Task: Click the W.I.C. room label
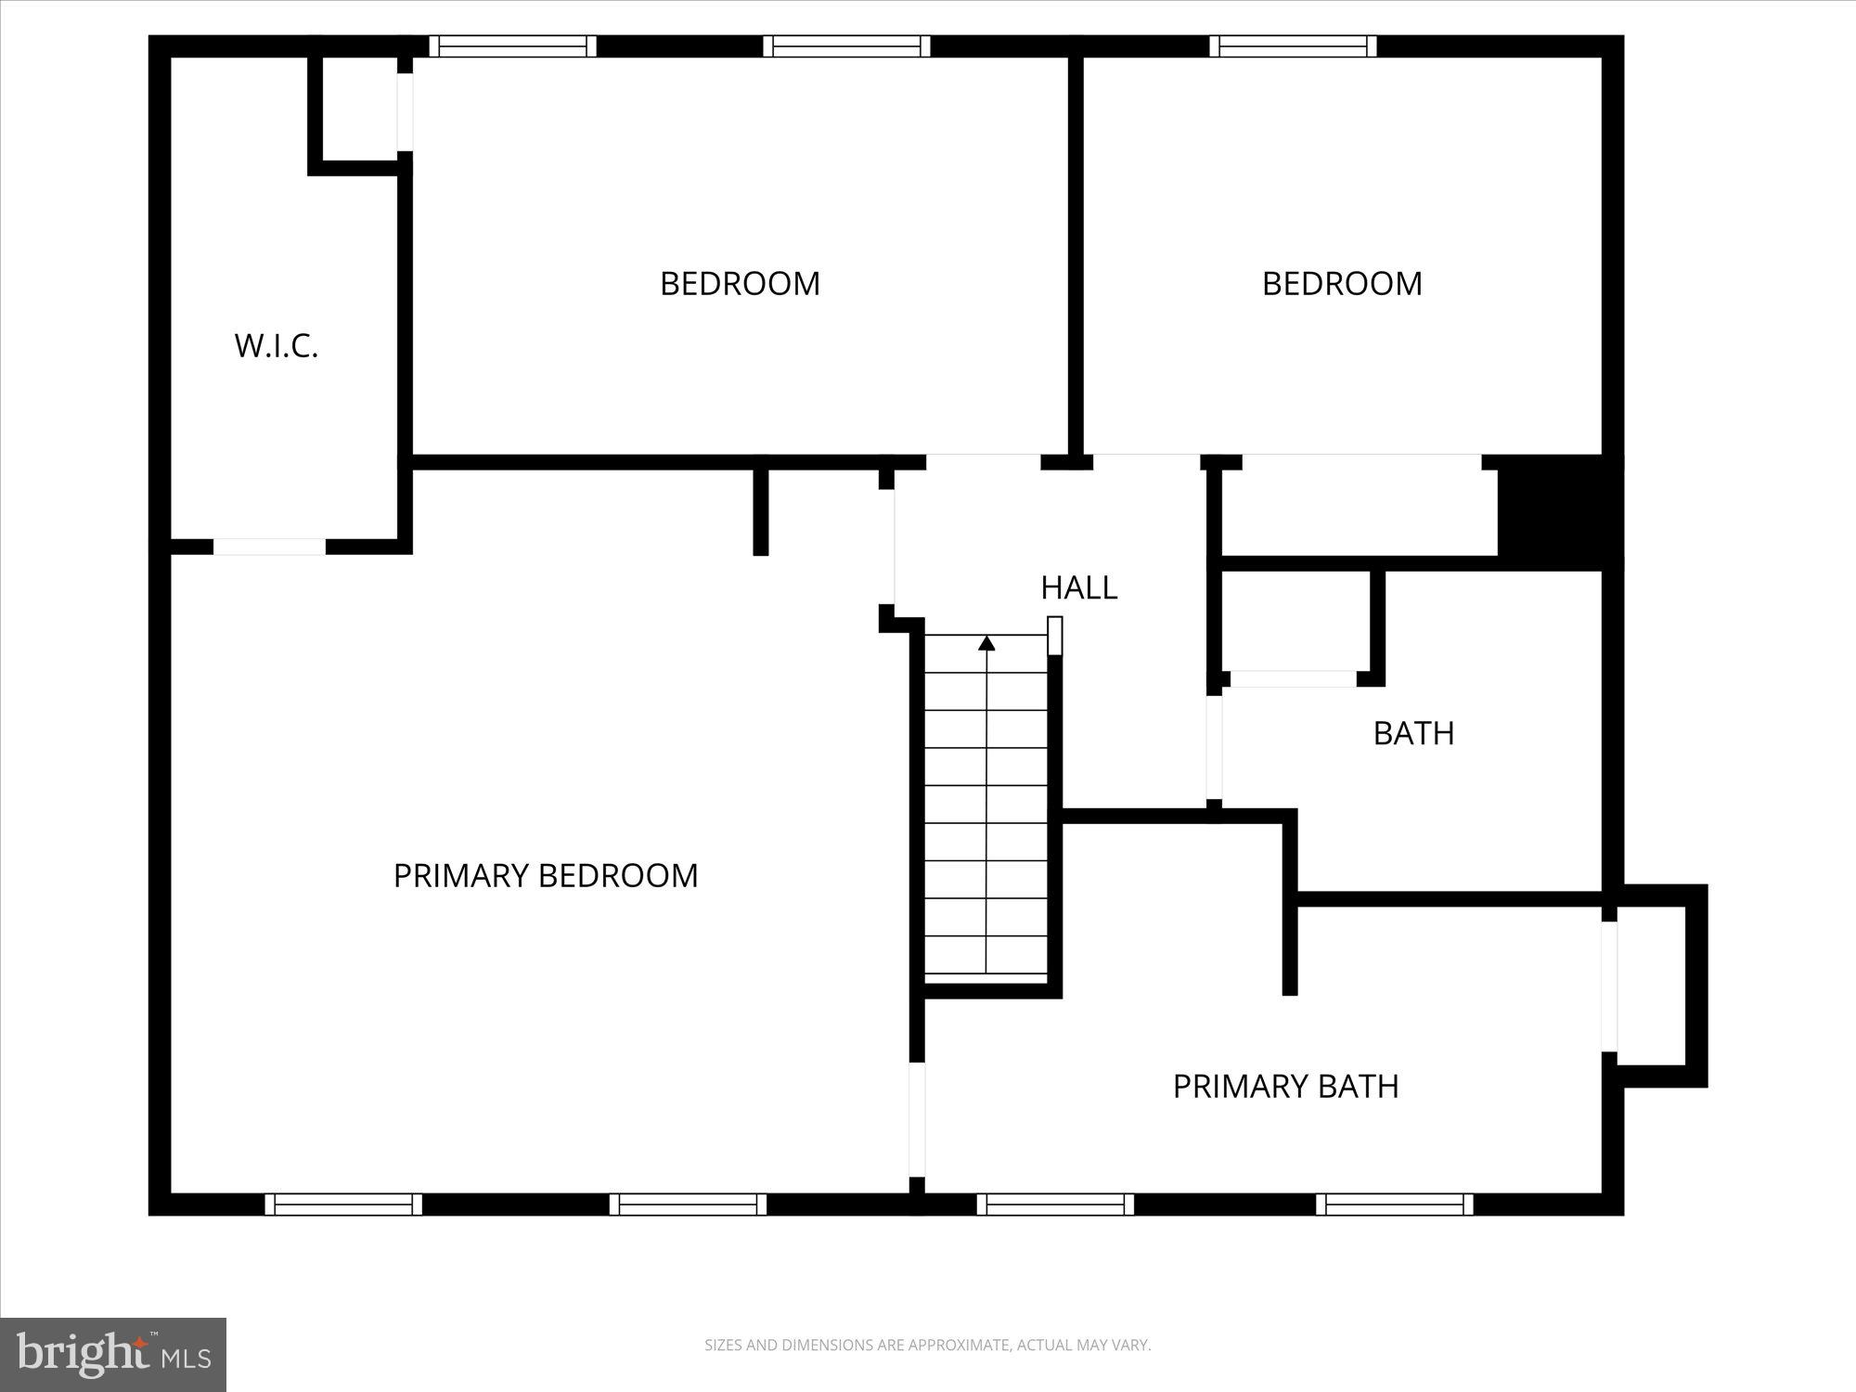click(277, 346)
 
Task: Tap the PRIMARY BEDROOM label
click(546, 876)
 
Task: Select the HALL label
click(1078, 587)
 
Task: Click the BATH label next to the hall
click(1413, 733)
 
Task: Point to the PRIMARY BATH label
click(1285, 1087)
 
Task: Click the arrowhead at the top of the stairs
click(986, 643)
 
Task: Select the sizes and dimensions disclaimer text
click(927, 1345)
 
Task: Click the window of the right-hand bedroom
click(1293, 46)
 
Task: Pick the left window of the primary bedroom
click(343, 1205)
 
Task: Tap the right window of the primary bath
click(1394, 1205)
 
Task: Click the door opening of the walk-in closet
click(269, 548)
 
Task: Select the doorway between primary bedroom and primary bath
click(917, 1119)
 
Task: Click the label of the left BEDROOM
click(740, 284)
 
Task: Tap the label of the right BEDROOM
click(1342, 284)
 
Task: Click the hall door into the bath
click(1214, 747)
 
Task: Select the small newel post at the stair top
click(1054, 636)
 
